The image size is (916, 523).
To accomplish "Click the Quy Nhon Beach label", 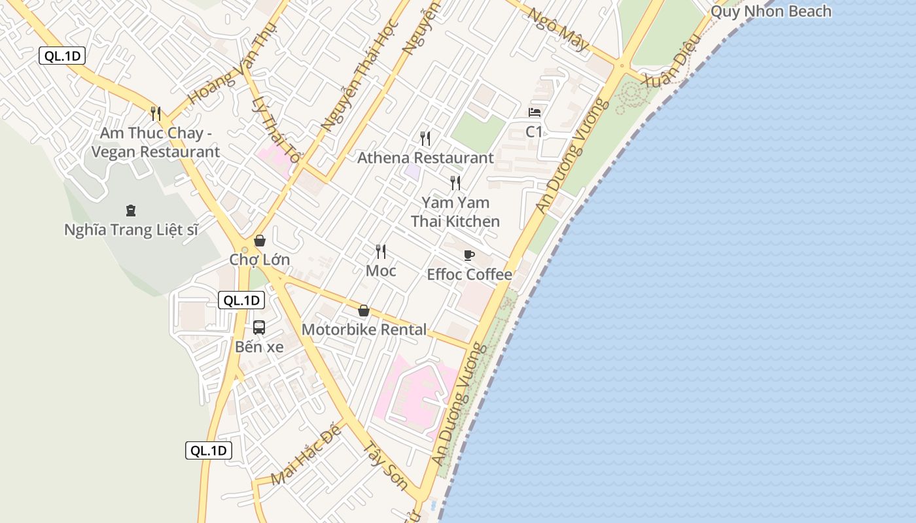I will click(771, 11).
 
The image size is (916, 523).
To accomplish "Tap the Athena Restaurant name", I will click(425, 158).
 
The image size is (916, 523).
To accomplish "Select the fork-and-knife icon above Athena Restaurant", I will click(425, 138).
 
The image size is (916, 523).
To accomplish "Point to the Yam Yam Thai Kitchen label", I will click(455, 212).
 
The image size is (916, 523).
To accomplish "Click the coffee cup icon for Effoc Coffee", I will click(468, 255).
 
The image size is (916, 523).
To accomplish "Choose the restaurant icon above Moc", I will click(381, 251).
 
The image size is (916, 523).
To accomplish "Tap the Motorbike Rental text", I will click(364, 329).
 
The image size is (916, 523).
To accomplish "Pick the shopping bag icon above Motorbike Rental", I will click(364, 311).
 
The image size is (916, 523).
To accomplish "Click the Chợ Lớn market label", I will click(259, 260).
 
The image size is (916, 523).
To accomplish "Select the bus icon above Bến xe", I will click(259, 328).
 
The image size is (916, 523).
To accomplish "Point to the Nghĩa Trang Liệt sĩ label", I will click(131, 230).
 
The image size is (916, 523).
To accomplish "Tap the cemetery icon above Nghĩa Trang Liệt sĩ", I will click(131, 211).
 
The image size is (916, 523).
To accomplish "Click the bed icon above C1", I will click(535, 112).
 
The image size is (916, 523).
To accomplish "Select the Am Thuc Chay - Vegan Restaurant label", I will click(156, 143).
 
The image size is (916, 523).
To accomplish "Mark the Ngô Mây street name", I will click(558, 29).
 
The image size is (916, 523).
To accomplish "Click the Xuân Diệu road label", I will click(673, 60).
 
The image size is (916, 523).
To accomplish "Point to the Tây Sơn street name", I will click(385, 467).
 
